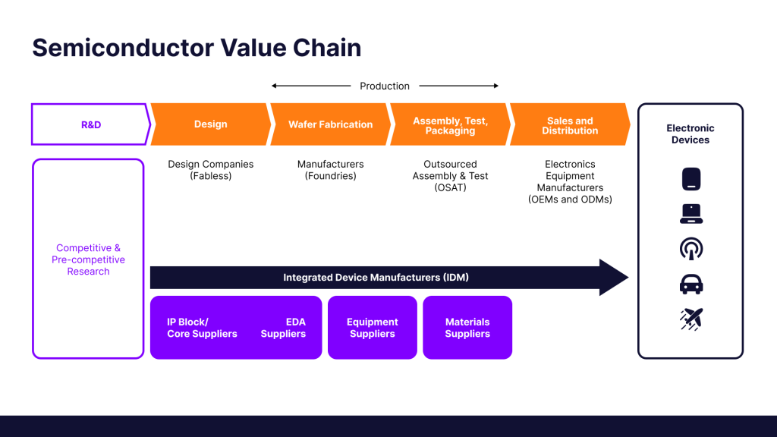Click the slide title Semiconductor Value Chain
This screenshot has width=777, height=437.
[x=197, y=48]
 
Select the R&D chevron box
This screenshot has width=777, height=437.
[x=90, y=124]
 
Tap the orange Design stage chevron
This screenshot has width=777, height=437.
[x=210, y=124]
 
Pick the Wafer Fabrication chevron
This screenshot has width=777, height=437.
[x=330, y=124]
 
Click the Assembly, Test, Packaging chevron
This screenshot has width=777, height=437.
[x=450, y=125]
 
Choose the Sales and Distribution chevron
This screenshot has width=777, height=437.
[x=570, y=125]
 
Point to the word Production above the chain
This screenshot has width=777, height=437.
[x=385, y=86]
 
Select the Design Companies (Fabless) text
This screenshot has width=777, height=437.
[x=211, y=170]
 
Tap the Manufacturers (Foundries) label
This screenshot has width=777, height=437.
[x=330, y=170]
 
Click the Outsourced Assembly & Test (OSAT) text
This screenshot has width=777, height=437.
[x=450, y=176]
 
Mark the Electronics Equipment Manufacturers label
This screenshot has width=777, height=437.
[x=570, y=182]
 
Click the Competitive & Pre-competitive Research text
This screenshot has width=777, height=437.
[x=88, y=259]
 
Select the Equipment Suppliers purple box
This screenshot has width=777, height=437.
[x=373, y=328]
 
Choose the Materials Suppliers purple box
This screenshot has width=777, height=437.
[x=467, y=328]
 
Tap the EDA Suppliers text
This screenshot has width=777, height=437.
[x=284, y=328]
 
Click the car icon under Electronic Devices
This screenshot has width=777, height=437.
[x=690, y=284]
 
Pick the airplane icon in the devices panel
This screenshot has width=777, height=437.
[x=690, y=319]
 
